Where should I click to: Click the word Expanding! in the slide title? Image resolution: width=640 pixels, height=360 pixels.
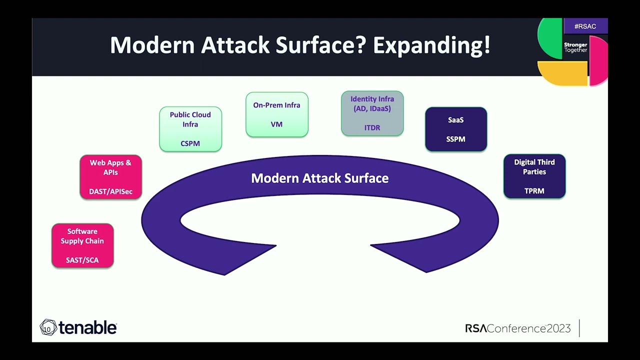click(x=431, y=45)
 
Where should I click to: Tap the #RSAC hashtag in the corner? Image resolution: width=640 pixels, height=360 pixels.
click(x=585, y=26)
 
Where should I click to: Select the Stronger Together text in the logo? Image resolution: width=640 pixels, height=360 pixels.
click(x=575, y=47)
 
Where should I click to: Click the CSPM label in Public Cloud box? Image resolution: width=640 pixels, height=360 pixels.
click(x=190, y=143)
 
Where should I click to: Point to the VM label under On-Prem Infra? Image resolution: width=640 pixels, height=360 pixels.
click(x=276, y=124)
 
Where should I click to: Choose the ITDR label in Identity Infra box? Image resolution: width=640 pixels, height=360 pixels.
click(x=372, y=128)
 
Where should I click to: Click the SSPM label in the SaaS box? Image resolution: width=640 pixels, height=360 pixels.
click(x=455, y=139)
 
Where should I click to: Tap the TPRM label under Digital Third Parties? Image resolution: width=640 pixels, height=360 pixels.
click(x=534, y=191)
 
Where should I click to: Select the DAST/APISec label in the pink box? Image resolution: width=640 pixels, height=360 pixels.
click(x=110, y=191)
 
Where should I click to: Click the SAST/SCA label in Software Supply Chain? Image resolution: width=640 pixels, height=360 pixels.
click(x=82, y=260)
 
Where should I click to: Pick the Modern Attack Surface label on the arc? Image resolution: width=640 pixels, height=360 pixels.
click(x=319, y=178)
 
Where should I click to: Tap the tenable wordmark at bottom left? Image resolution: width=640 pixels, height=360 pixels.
click(x=87, y=328)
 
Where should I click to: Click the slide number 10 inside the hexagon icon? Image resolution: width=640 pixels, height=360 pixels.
click(x=47, y=329)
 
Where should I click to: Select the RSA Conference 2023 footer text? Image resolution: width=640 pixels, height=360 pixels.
click(x=517, y=328)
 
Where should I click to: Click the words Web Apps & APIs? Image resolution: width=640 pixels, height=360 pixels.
click(x=110, y=167)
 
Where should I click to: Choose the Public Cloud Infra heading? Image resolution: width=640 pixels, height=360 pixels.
click(x=190, y=119)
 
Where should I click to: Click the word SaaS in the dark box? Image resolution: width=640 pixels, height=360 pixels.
click(x=455, y=120)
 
